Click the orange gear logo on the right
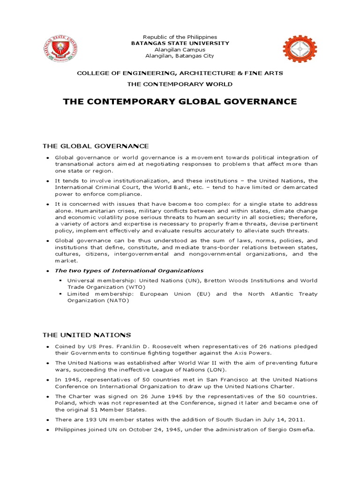[300, 48]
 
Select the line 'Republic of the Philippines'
[180, 37]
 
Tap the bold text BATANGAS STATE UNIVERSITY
[180, 43]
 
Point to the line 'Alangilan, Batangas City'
[180, 56]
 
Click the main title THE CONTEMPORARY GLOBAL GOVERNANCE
[180, 101]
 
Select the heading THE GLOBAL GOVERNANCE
[96, 146]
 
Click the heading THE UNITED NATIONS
[87, 335]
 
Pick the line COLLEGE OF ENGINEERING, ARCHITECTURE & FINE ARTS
[180, 74]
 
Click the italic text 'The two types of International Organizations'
[129, 270]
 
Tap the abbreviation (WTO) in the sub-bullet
[136, 287]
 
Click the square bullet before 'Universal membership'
[61, 280]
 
